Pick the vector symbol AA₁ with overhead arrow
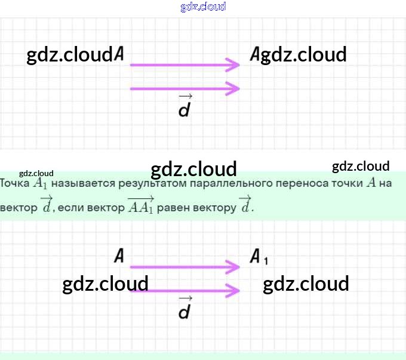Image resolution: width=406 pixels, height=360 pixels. coord(141,205)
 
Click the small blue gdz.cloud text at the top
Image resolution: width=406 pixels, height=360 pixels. coord(203,7)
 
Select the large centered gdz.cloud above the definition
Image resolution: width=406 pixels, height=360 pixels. coord(194,170)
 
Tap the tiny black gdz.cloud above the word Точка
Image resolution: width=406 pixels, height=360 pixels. coord(36,173)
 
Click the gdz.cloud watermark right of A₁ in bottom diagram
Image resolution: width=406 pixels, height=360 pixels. coord(306,284)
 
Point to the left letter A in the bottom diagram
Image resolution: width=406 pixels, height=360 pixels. coord(119,257)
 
